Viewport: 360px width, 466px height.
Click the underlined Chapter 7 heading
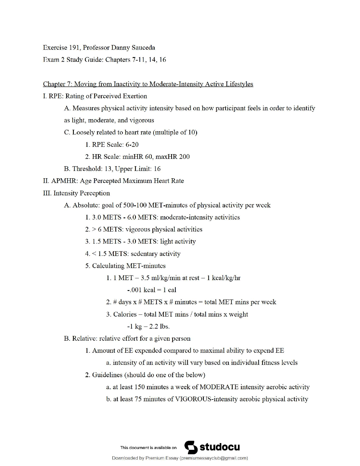point(148,84)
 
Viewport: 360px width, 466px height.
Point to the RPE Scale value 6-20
point(132,144)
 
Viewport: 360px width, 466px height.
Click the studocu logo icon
point(191,447)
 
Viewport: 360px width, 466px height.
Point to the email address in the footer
point(214,458)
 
